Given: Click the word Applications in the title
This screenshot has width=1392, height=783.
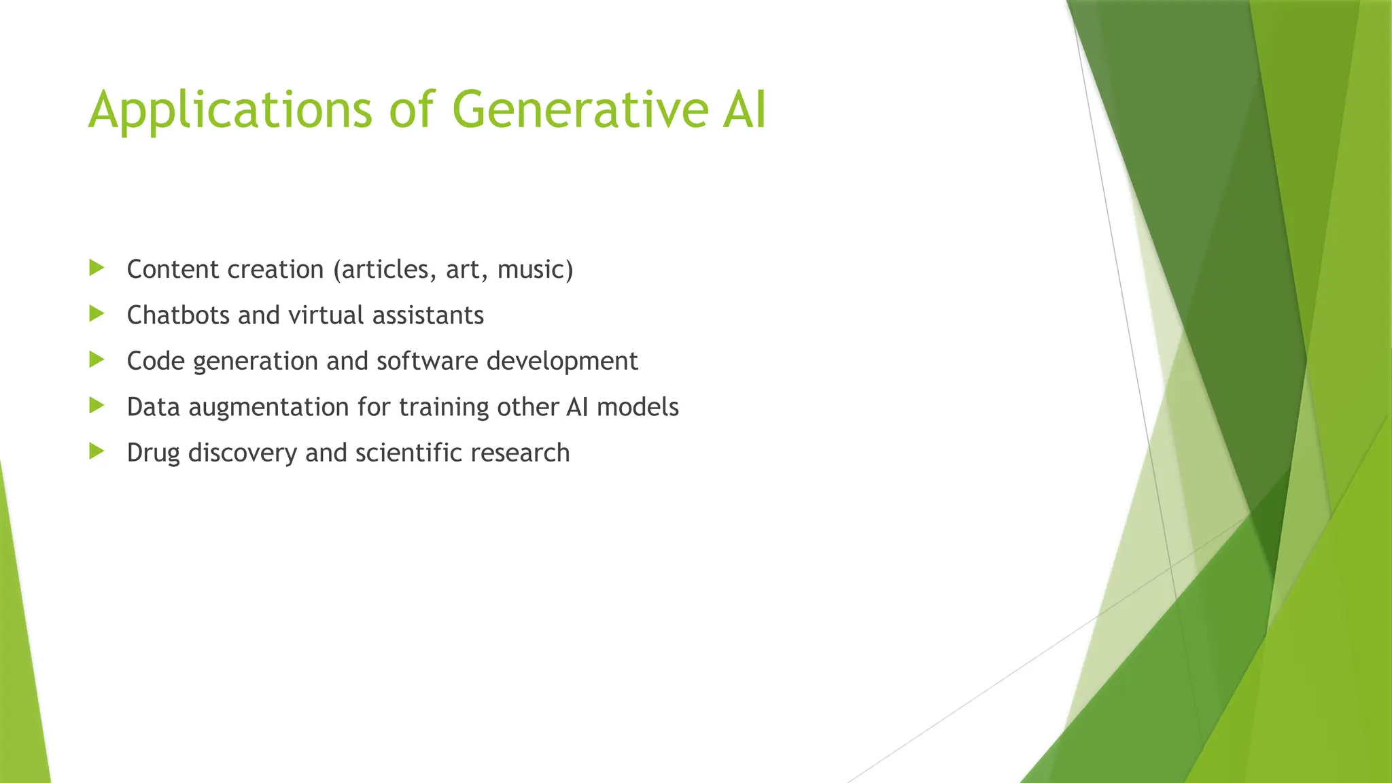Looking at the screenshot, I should click(230, 110).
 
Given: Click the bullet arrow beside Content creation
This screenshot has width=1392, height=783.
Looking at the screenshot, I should click(97, 268).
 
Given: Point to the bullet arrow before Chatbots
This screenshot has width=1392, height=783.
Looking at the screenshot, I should click(97, 313).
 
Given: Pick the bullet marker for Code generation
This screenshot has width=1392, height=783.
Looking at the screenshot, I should click(97, 360).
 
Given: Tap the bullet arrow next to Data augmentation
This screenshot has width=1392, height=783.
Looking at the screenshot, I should click(97, 406).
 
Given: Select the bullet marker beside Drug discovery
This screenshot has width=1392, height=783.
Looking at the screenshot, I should click(97, 451).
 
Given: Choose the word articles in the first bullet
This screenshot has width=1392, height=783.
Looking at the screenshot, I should click(385, 270).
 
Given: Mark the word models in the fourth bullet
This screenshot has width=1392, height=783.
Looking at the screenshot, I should click(637, 407).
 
